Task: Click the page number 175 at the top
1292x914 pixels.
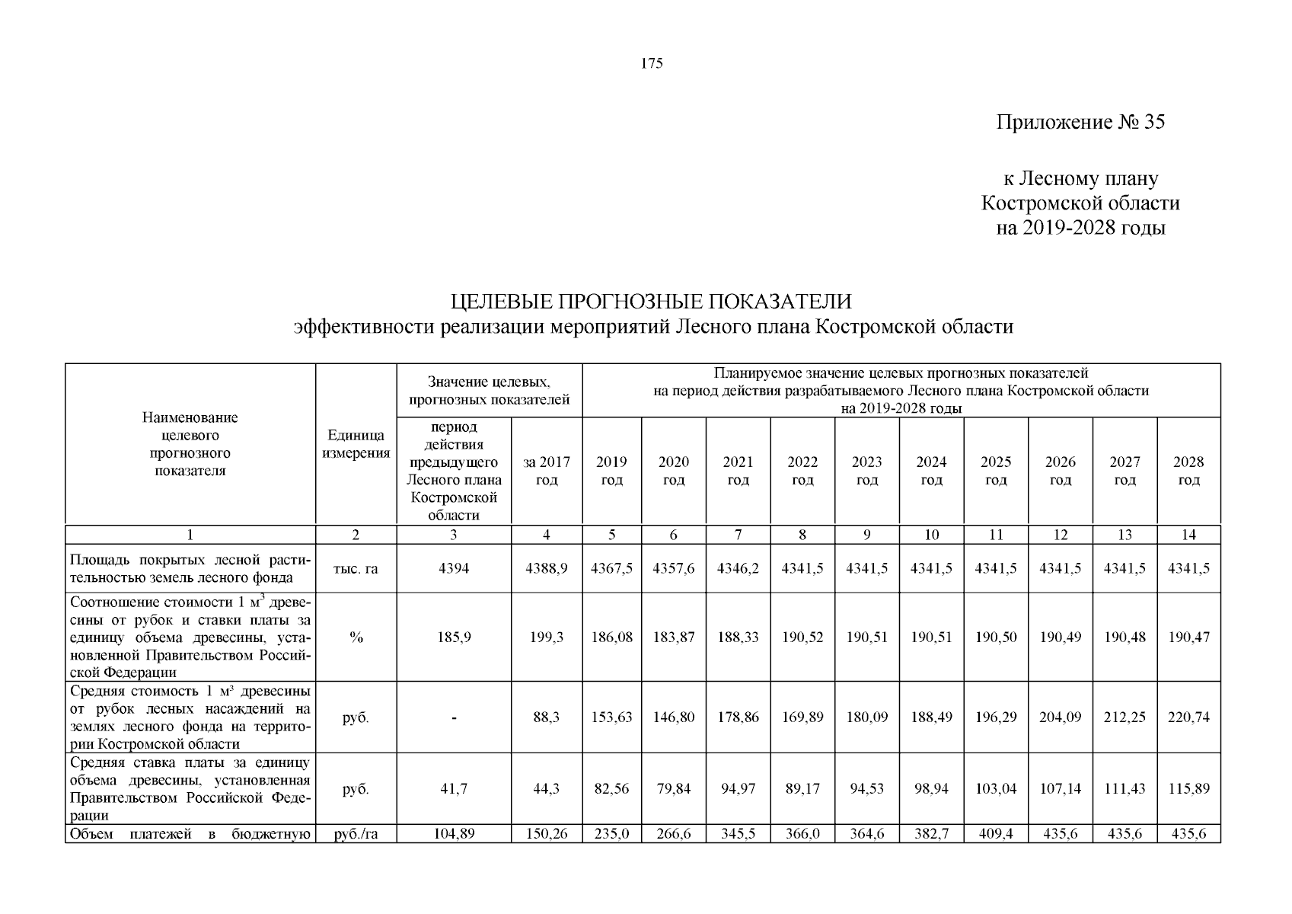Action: (652, 64)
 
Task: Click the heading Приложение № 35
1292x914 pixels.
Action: (1080, 123)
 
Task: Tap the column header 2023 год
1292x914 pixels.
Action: (866, 471)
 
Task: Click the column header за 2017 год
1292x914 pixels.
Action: (547, 471)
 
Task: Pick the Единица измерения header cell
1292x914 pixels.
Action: (356, 444)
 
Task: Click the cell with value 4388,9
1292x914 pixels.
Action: (547, 568)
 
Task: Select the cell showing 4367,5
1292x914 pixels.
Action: (611, 568)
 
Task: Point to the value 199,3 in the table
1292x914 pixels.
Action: (547, 638)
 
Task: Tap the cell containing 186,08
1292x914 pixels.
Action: (611, 638)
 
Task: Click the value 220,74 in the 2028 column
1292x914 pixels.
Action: (1188, 717)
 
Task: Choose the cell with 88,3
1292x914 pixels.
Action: (547, 717)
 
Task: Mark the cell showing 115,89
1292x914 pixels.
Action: (1188, 789)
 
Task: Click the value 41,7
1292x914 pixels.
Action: (454, 789)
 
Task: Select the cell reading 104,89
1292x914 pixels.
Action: (454, 834)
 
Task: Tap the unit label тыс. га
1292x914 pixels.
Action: (356, 568)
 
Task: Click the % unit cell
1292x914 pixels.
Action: (356, 638)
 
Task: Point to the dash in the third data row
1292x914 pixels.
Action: (454, 717)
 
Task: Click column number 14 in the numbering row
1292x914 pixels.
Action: (1188, 535)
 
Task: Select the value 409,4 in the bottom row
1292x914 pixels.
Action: (996, 834)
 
